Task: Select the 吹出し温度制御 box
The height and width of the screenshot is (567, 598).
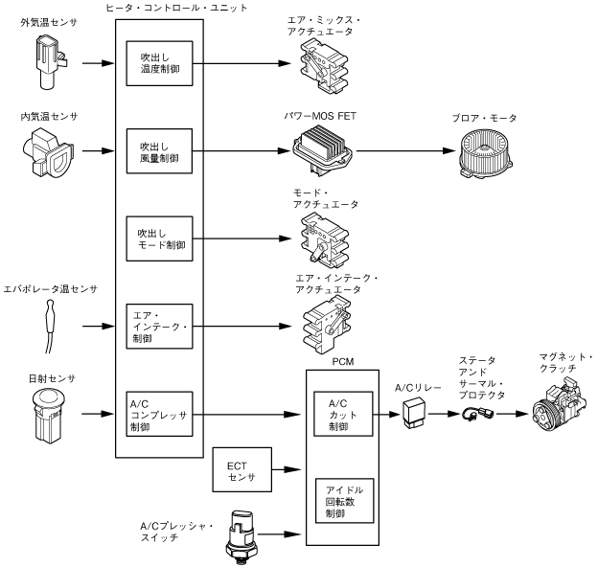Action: tap(160, 66)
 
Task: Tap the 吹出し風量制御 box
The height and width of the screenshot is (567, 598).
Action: tap(160, 151)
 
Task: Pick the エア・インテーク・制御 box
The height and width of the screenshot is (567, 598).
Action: tap(160, 327)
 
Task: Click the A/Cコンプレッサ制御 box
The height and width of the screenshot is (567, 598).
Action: tap(160, 415)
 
